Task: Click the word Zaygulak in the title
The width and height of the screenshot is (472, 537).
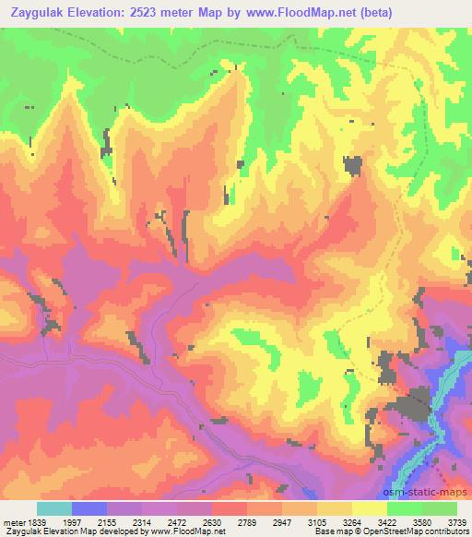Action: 42,13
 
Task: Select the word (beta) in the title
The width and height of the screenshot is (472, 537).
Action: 395,13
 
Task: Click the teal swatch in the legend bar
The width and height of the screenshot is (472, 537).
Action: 54,508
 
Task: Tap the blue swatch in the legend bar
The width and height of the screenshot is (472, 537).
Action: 90,508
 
